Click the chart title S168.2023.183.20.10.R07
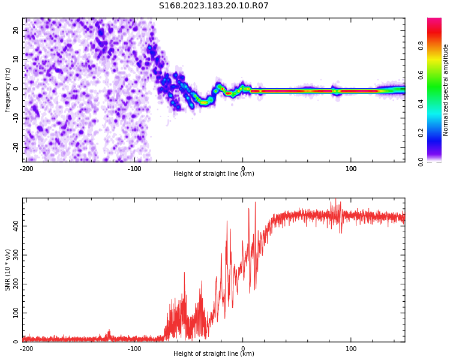214,6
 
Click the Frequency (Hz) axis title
8,90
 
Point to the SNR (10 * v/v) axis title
8,270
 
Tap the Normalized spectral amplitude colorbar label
446,90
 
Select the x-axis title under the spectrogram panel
214,174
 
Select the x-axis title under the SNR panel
214,354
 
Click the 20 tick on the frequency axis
16,30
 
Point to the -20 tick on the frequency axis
15,146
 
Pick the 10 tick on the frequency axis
16,59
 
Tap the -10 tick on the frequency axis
15,118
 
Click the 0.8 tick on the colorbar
421,44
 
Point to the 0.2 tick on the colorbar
421,133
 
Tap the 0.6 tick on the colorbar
421,74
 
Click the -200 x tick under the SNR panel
26,349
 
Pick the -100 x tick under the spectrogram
134,169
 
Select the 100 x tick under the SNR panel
351,349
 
